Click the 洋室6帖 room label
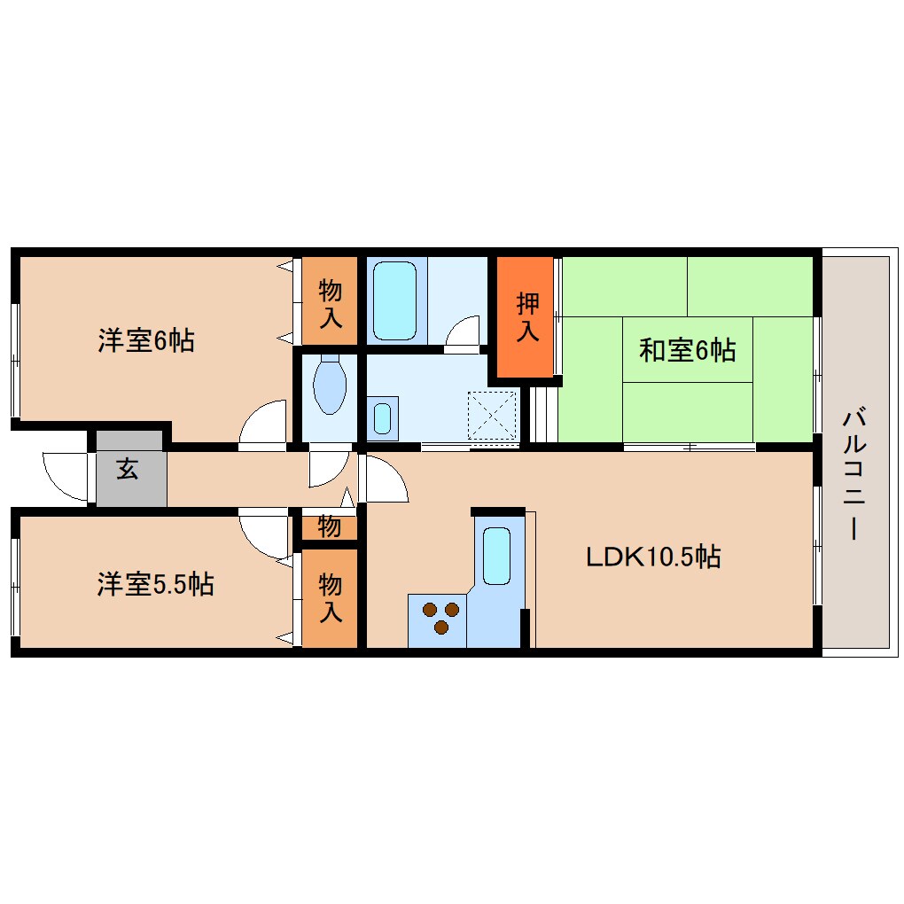[146, 340]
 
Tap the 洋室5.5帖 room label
[155, 584]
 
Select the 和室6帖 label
[687, 351]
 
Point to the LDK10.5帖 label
[653, 557]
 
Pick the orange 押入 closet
[528, 316]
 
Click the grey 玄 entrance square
[129, 471]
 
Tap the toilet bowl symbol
[329, 385]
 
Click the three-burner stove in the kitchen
[440, 618]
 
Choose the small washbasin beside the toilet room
[382, 417]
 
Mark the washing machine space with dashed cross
[492, 415]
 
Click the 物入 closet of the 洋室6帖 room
[330, 301]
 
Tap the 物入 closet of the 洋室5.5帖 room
[330, 597]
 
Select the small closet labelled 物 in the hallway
[329, 527]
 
